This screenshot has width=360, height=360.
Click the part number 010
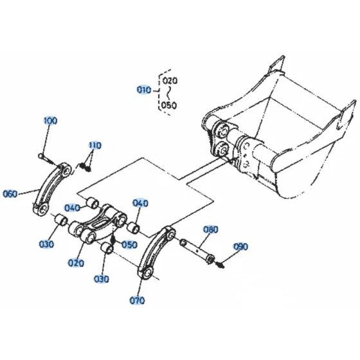click(x=143, y=91)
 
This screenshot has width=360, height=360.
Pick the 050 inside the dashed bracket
click(x=168, y=105)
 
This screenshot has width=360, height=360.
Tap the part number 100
click(x=50, y=121)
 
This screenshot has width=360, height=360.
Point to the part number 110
click(x=95, y=145)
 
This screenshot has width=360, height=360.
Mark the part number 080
click(x=211, y=229)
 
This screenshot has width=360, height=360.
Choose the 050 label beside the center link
click(x=130, y=245)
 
